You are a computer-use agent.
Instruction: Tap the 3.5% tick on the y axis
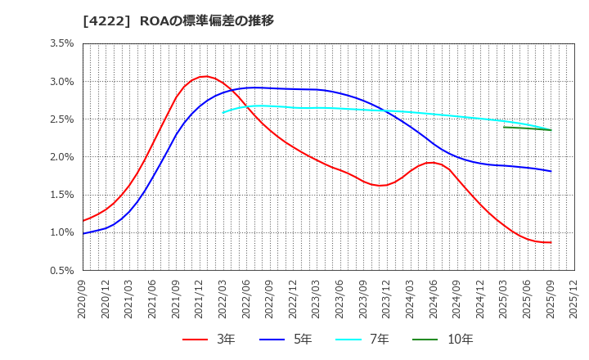click(x=61, y=43)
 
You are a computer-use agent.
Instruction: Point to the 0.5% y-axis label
click(x=61, y=270)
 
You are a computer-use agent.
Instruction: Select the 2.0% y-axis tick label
click(x=61, y=157)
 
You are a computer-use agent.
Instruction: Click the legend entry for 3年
click(x=209, y=339)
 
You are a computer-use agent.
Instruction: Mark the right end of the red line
click(x=551, y=242)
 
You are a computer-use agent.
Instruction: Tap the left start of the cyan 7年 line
click(x=223, y=113)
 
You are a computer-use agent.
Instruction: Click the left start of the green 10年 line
click(x=504, y=127)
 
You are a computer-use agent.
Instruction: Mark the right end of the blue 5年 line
click(x=551, y=171)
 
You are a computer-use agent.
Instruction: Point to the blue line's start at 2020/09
click(x=83, y=233)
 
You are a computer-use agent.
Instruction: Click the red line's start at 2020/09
click(x=83, y=221)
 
